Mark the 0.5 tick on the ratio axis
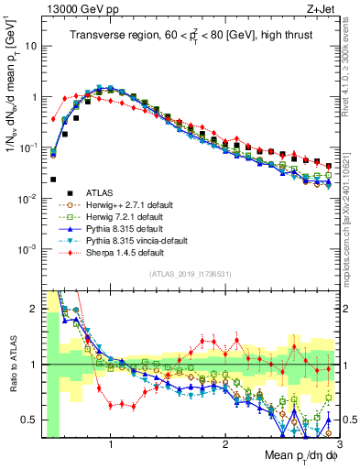pos(29,420)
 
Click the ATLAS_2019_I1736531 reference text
pos(189,274)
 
